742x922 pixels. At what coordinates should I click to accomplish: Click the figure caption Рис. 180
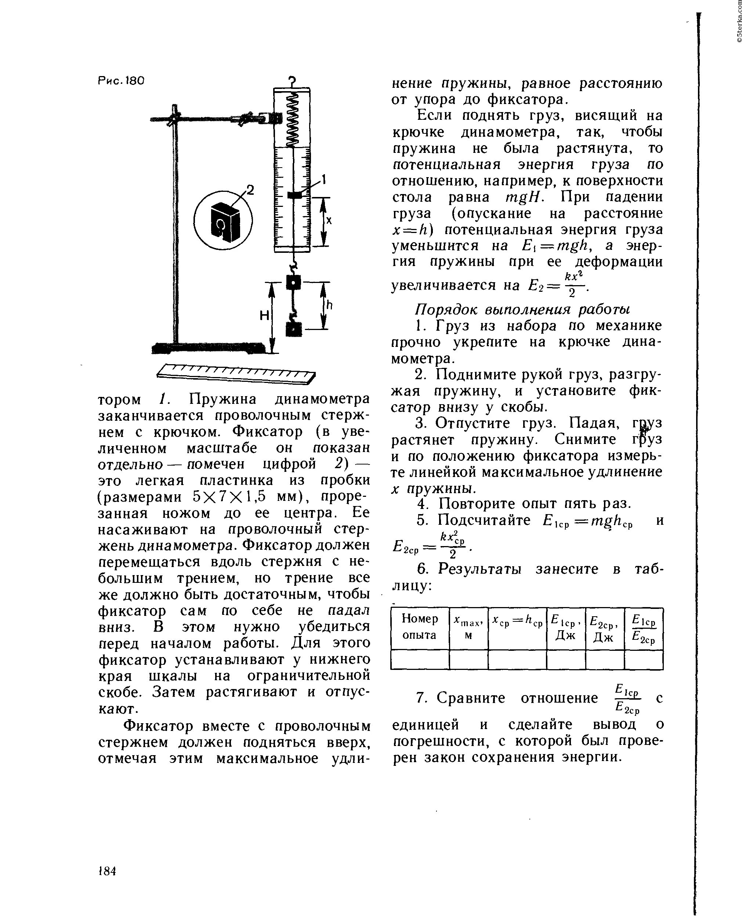click(x=122, y=80)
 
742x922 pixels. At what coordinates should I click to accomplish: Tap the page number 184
click(x=107, y=871)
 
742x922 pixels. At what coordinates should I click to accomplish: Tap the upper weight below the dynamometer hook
click(x=294, y=283)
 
